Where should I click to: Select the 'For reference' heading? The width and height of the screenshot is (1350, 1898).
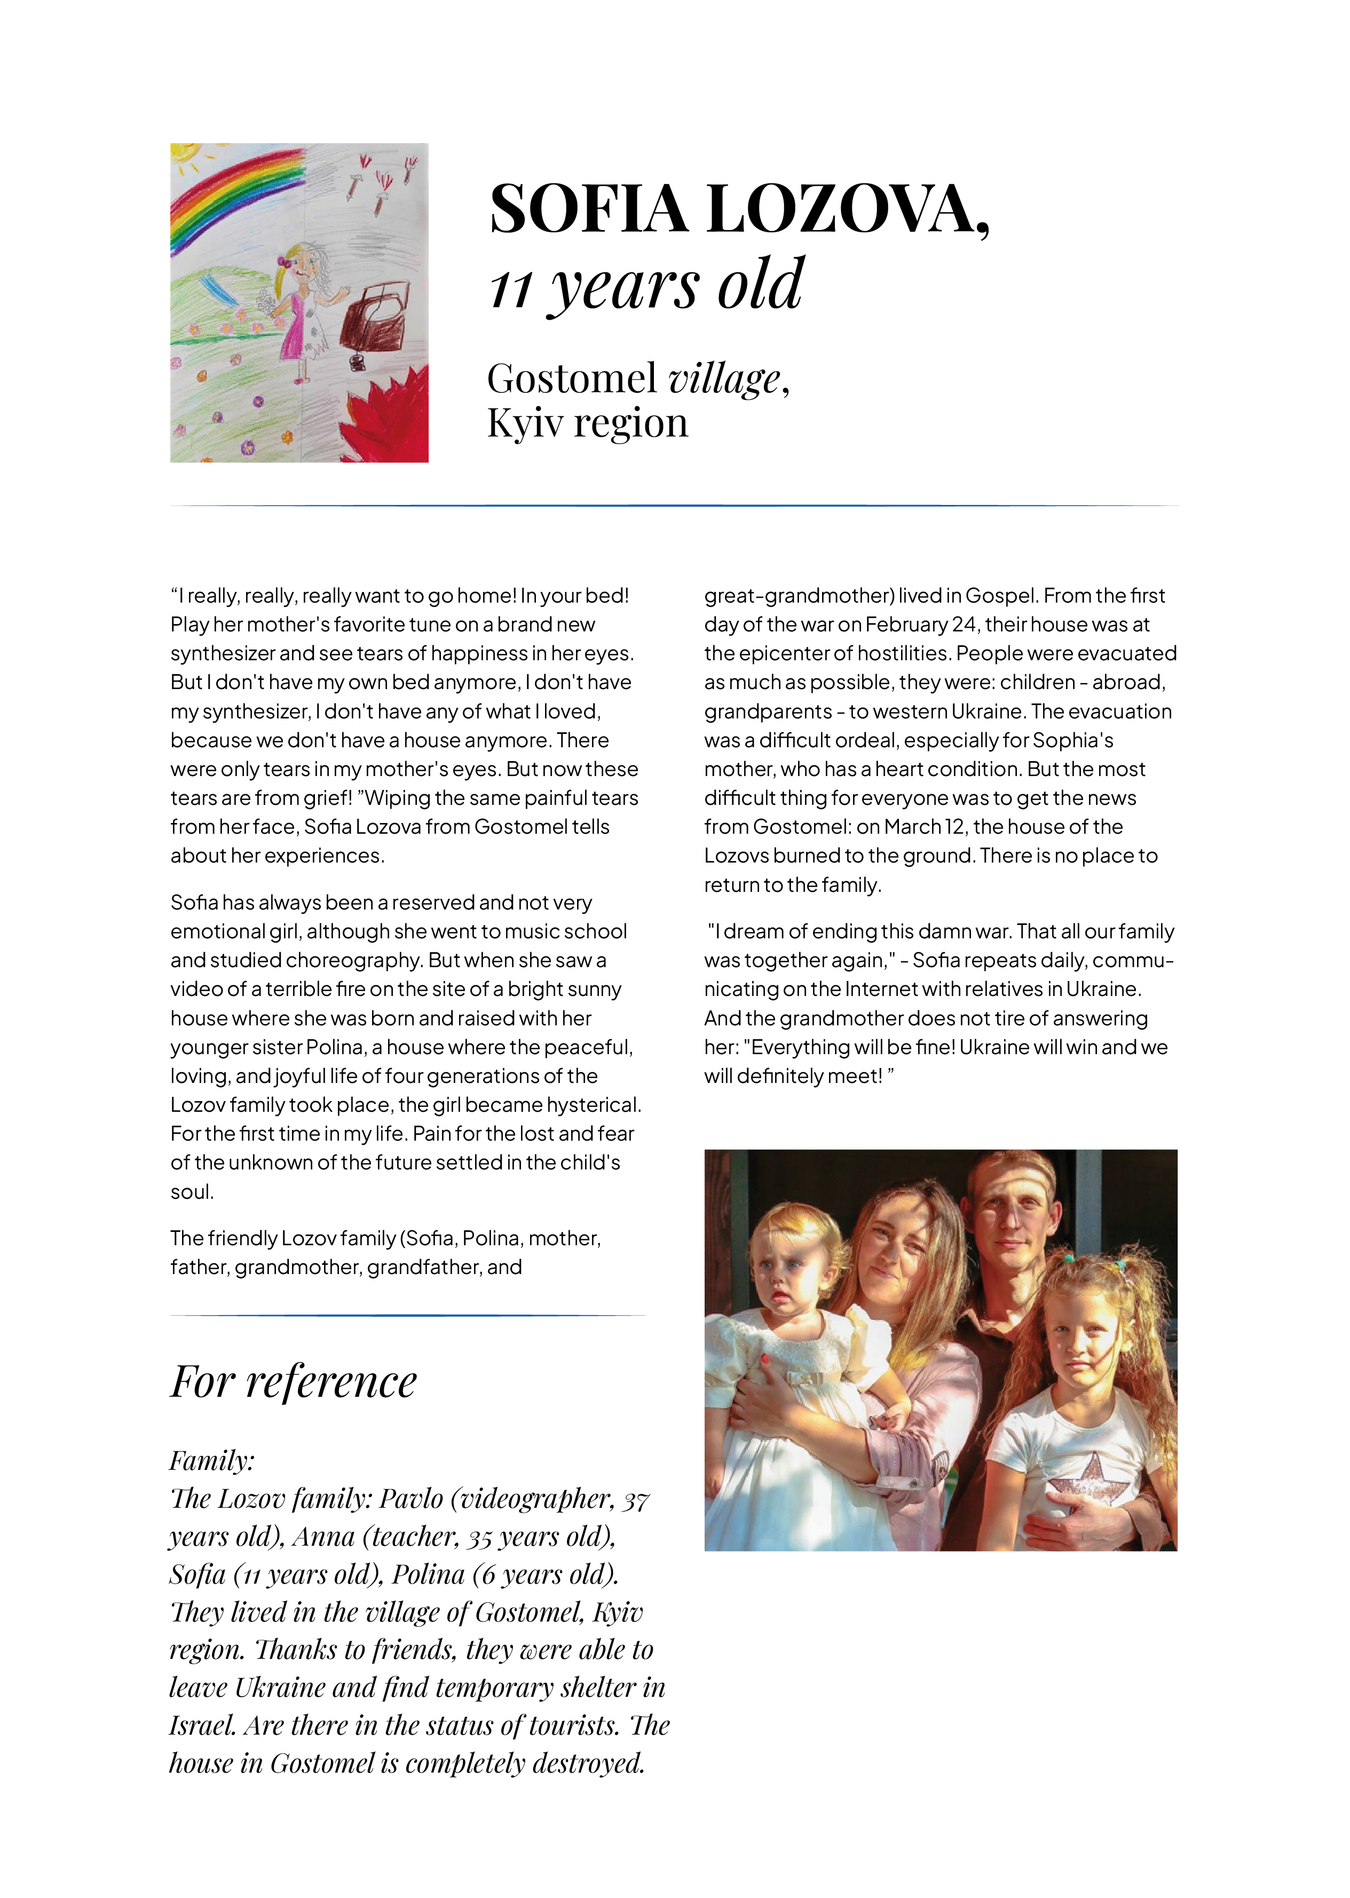click(x=294, y=1382)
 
